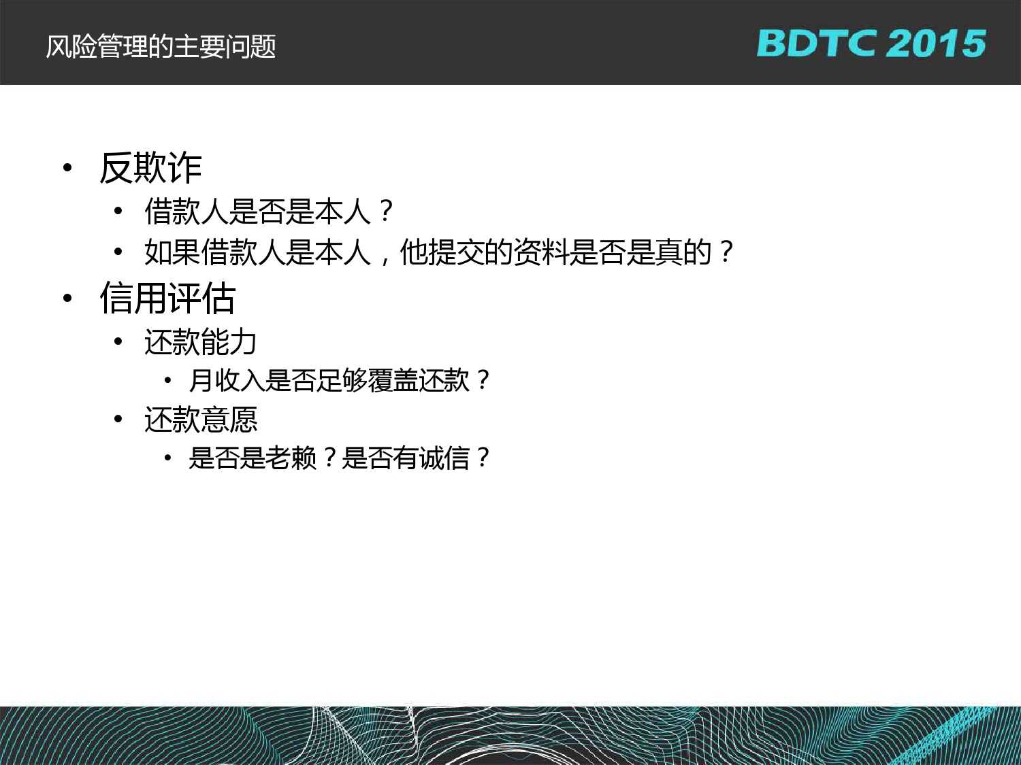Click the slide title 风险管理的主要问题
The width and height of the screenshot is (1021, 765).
click(161, 47)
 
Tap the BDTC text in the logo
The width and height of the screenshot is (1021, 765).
click(817, 44)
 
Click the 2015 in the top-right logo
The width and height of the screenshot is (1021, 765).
click(936, 44)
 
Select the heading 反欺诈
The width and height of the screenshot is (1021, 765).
click(150, 168)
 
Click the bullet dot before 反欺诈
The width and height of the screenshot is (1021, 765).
click(68, 168)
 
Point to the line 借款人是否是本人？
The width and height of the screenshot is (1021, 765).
click(270, 211)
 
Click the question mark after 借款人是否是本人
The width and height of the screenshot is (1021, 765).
click(387, 211)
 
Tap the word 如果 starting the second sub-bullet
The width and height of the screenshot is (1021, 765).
click(172, 253)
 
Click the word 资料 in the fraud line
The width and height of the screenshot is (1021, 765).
click(541, 253)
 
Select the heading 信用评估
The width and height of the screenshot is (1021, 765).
click(167, 298)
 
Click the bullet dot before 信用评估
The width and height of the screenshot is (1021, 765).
click(68, 298)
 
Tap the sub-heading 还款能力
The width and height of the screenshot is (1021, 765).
click(201, 341)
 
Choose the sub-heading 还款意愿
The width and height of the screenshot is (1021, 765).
click(201, 419)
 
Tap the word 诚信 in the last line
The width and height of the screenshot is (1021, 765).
click(444, 458)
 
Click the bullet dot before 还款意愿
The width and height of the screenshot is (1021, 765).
click(118, 420)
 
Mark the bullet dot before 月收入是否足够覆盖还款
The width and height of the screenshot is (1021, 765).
click(168, 381)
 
